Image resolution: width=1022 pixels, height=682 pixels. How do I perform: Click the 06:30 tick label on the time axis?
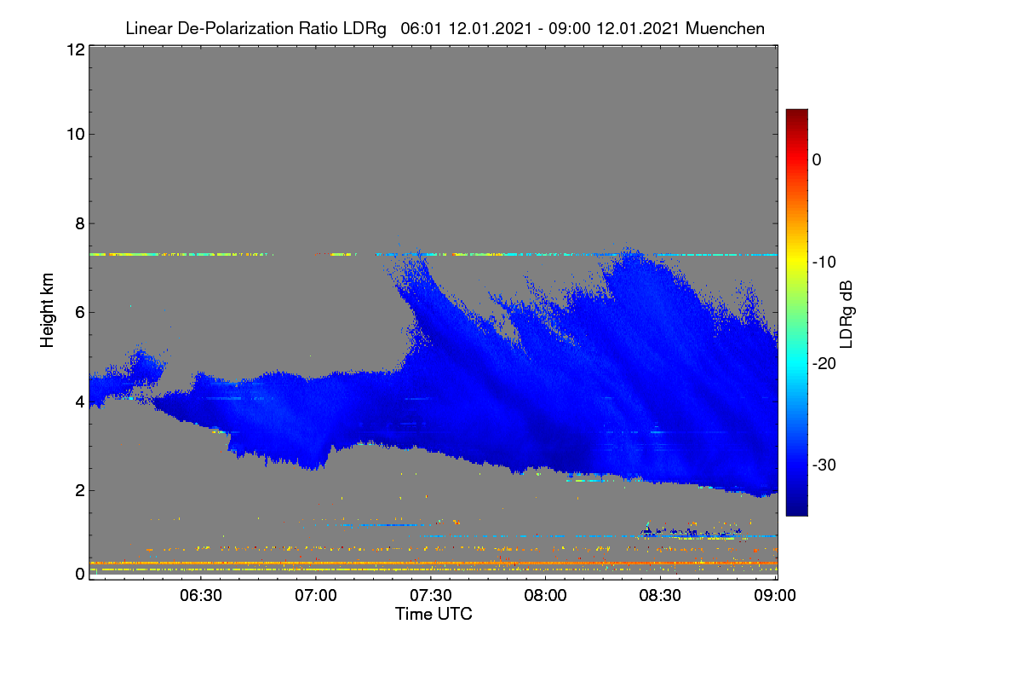coord(201,595)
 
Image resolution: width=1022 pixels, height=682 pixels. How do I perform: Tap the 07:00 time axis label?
coord(316,595)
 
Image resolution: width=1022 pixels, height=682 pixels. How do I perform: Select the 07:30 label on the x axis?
coord(431,595)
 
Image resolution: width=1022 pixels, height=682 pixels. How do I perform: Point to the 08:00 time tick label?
coord(545,595)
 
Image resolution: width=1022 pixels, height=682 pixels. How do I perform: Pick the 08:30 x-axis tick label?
coord(660,595)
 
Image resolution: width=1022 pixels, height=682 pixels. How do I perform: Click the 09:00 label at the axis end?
coord(775,595)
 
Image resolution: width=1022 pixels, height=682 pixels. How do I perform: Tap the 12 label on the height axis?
coord(76,49)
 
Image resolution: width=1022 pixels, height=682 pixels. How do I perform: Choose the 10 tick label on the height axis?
coord(76,135)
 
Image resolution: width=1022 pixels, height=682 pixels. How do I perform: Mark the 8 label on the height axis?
coord(80,224)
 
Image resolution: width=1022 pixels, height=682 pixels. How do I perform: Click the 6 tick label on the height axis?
coord(80,313)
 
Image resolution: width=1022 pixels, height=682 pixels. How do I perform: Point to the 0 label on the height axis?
coord(80,574)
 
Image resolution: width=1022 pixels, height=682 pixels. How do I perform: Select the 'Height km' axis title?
coord(47,310)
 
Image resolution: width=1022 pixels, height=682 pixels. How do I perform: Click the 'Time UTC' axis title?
coord(433,614)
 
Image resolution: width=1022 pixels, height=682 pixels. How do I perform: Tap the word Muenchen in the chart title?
coord(725,28)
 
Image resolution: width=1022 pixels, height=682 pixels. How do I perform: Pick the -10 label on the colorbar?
coord(824,263)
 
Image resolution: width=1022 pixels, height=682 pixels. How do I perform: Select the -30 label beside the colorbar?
coord(824,465)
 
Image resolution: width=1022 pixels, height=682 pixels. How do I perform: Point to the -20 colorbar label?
coord(824,364)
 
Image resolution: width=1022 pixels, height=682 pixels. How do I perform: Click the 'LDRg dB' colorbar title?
coord(847,315)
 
